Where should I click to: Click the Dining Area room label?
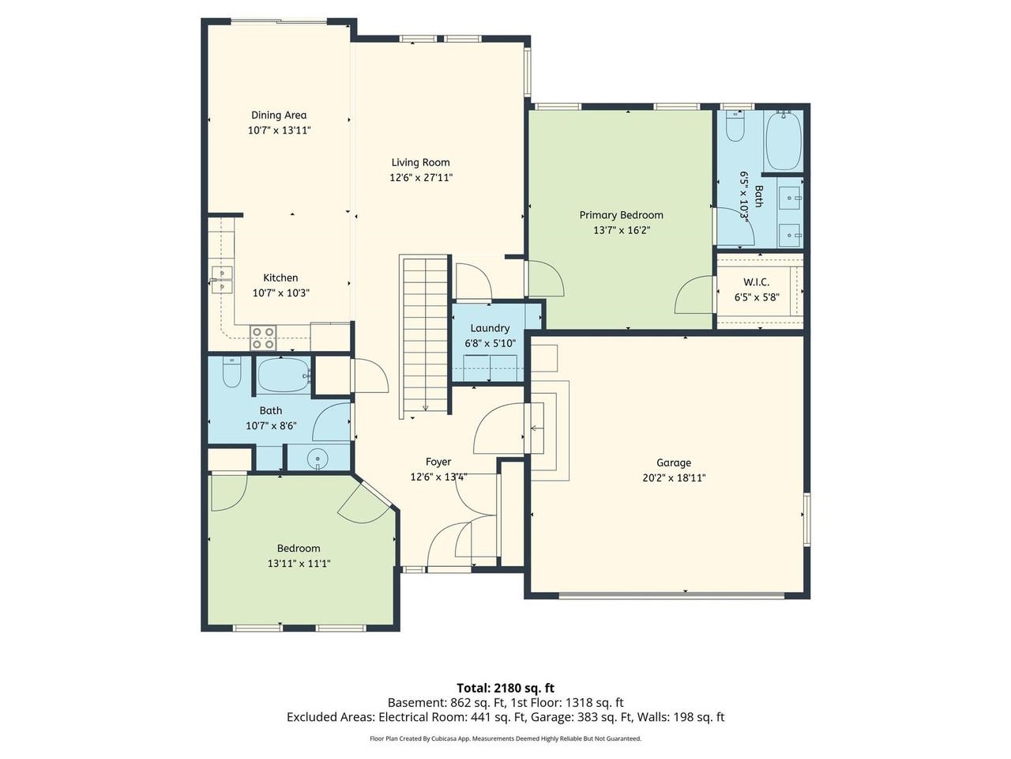click(279, 115)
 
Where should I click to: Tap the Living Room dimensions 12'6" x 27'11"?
click(421, 177)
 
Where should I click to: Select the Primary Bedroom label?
click(621, 215)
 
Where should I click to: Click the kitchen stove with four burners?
click(263, 338)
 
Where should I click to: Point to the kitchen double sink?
click(222, 280)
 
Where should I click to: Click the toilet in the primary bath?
click(735, 126)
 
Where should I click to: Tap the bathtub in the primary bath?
click(783, 140)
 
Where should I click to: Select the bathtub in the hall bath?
click(284, 376)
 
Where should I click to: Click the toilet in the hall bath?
click(231, 372)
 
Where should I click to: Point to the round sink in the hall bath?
click(318, 458)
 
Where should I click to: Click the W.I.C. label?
click(757, 282)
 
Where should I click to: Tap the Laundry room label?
click(490, 328)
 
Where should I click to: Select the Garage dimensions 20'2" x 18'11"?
click(674, 478)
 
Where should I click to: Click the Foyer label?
click(438, 462)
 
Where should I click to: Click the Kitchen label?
click(280, 278)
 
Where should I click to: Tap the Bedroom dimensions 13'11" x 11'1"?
click(299, 563)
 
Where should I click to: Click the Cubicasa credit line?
click(505, 738)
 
